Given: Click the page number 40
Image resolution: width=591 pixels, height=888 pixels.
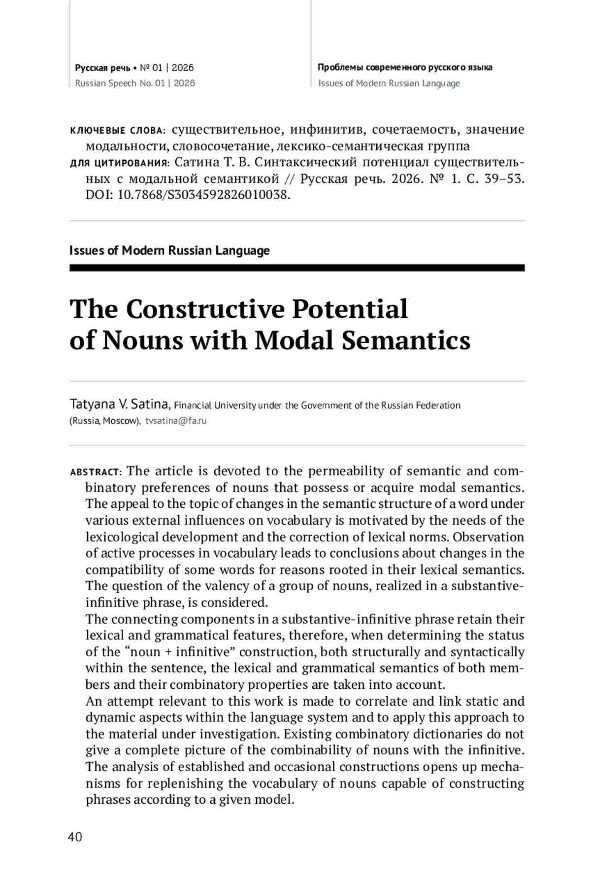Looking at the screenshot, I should click(75, 837).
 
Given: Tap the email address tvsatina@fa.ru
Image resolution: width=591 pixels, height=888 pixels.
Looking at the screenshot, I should click(176, 421).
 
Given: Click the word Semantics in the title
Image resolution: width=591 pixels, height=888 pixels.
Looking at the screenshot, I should click(406, 340).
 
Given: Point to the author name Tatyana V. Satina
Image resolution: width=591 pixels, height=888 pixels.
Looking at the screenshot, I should click(120, 405).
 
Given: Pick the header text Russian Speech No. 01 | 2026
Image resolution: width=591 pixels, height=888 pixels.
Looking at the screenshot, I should click(135, 83).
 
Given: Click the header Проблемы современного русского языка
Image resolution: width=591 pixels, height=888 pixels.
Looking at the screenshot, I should click(405, 68).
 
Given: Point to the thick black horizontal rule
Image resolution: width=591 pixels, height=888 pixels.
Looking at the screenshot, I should click(297, 268).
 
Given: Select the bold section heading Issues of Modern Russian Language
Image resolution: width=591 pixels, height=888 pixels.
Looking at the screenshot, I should click(169, 250).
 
